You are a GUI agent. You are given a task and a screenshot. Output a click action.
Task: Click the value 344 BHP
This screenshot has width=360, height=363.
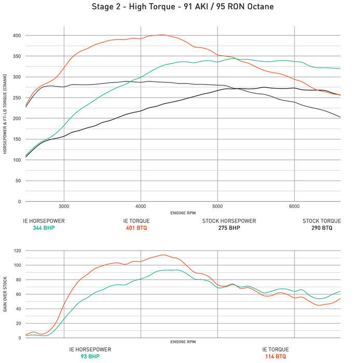point(44,228)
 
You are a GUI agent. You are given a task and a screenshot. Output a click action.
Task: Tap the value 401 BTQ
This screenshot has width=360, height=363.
point(137,228)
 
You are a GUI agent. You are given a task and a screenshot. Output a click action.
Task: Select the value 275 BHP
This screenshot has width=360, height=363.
point(229,228)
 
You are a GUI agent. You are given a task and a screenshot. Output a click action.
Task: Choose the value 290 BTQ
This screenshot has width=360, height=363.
point(322,228)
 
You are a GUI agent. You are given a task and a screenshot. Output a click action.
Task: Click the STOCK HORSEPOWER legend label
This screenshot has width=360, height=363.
point(229,221)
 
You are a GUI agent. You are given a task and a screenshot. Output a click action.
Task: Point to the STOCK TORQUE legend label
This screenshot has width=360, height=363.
point(322,221)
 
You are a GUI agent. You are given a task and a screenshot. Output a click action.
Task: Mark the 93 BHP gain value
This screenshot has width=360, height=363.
point(90,357)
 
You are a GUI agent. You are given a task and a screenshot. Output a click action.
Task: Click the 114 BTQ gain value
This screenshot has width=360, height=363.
point(275,357)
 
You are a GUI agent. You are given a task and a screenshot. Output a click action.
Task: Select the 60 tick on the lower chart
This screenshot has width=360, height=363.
point(18,294)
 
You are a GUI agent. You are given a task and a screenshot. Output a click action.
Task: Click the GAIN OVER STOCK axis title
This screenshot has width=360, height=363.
point(6,294)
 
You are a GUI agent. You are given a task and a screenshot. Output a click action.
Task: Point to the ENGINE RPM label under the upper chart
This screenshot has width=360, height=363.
point(183,213)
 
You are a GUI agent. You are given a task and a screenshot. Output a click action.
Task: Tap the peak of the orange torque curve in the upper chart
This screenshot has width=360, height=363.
point(162,35)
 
